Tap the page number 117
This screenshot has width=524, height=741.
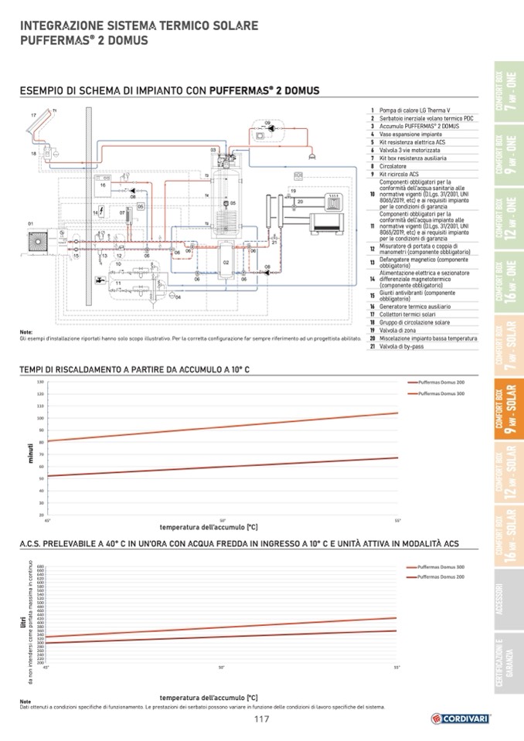coord(261,719)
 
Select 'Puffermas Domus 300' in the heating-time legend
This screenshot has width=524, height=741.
coord(441,394)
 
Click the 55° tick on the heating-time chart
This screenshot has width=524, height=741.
coord(397,520)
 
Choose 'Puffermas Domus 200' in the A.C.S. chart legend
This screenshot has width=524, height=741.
coord(441,577)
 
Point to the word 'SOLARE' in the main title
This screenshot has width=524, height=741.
coord(229,26)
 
